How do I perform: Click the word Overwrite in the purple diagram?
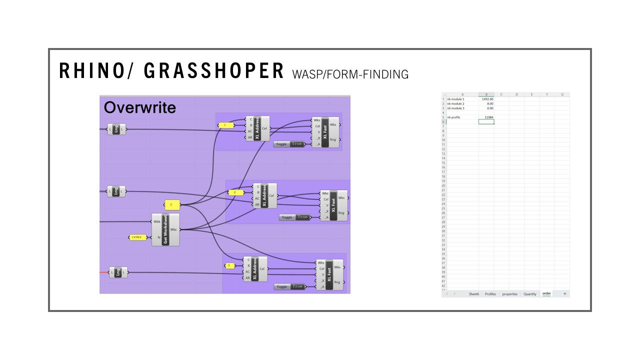140,107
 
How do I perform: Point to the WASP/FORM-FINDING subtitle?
350,74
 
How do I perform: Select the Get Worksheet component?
165,229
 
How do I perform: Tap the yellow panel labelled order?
137,237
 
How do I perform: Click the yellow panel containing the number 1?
226,125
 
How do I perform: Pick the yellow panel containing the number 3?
229,265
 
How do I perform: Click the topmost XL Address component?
257,128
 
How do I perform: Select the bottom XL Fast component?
329,275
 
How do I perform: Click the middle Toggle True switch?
294,217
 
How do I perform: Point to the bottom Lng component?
118,272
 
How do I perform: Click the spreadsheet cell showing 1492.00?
486,99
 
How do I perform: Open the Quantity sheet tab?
529,294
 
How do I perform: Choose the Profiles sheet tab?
490,294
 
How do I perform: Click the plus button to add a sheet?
564,294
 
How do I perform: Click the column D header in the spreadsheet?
516,94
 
